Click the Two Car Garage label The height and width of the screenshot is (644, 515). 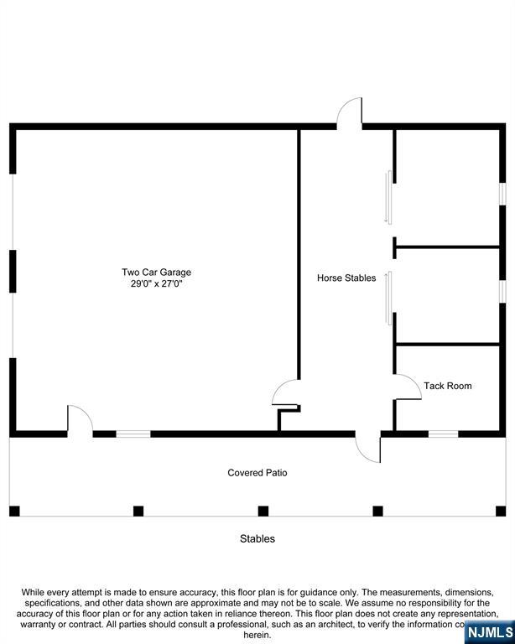156,272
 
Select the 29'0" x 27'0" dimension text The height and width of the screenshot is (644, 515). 156,284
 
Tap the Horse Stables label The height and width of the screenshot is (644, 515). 346,278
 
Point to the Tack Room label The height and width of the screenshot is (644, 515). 447,386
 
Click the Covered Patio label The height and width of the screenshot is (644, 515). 257,473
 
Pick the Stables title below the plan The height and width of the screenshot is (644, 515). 257,538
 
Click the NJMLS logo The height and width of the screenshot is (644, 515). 488,631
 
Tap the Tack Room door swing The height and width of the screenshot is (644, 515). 408,387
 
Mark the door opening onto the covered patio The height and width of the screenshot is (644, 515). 369,447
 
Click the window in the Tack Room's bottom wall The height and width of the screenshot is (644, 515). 443,434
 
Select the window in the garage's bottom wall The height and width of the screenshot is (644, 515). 133,434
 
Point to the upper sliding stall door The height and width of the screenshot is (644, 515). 388,197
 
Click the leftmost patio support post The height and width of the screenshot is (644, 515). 14,510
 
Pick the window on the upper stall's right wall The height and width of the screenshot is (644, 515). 502,193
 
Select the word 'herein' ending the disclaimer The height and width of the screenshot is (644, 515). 257,635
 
